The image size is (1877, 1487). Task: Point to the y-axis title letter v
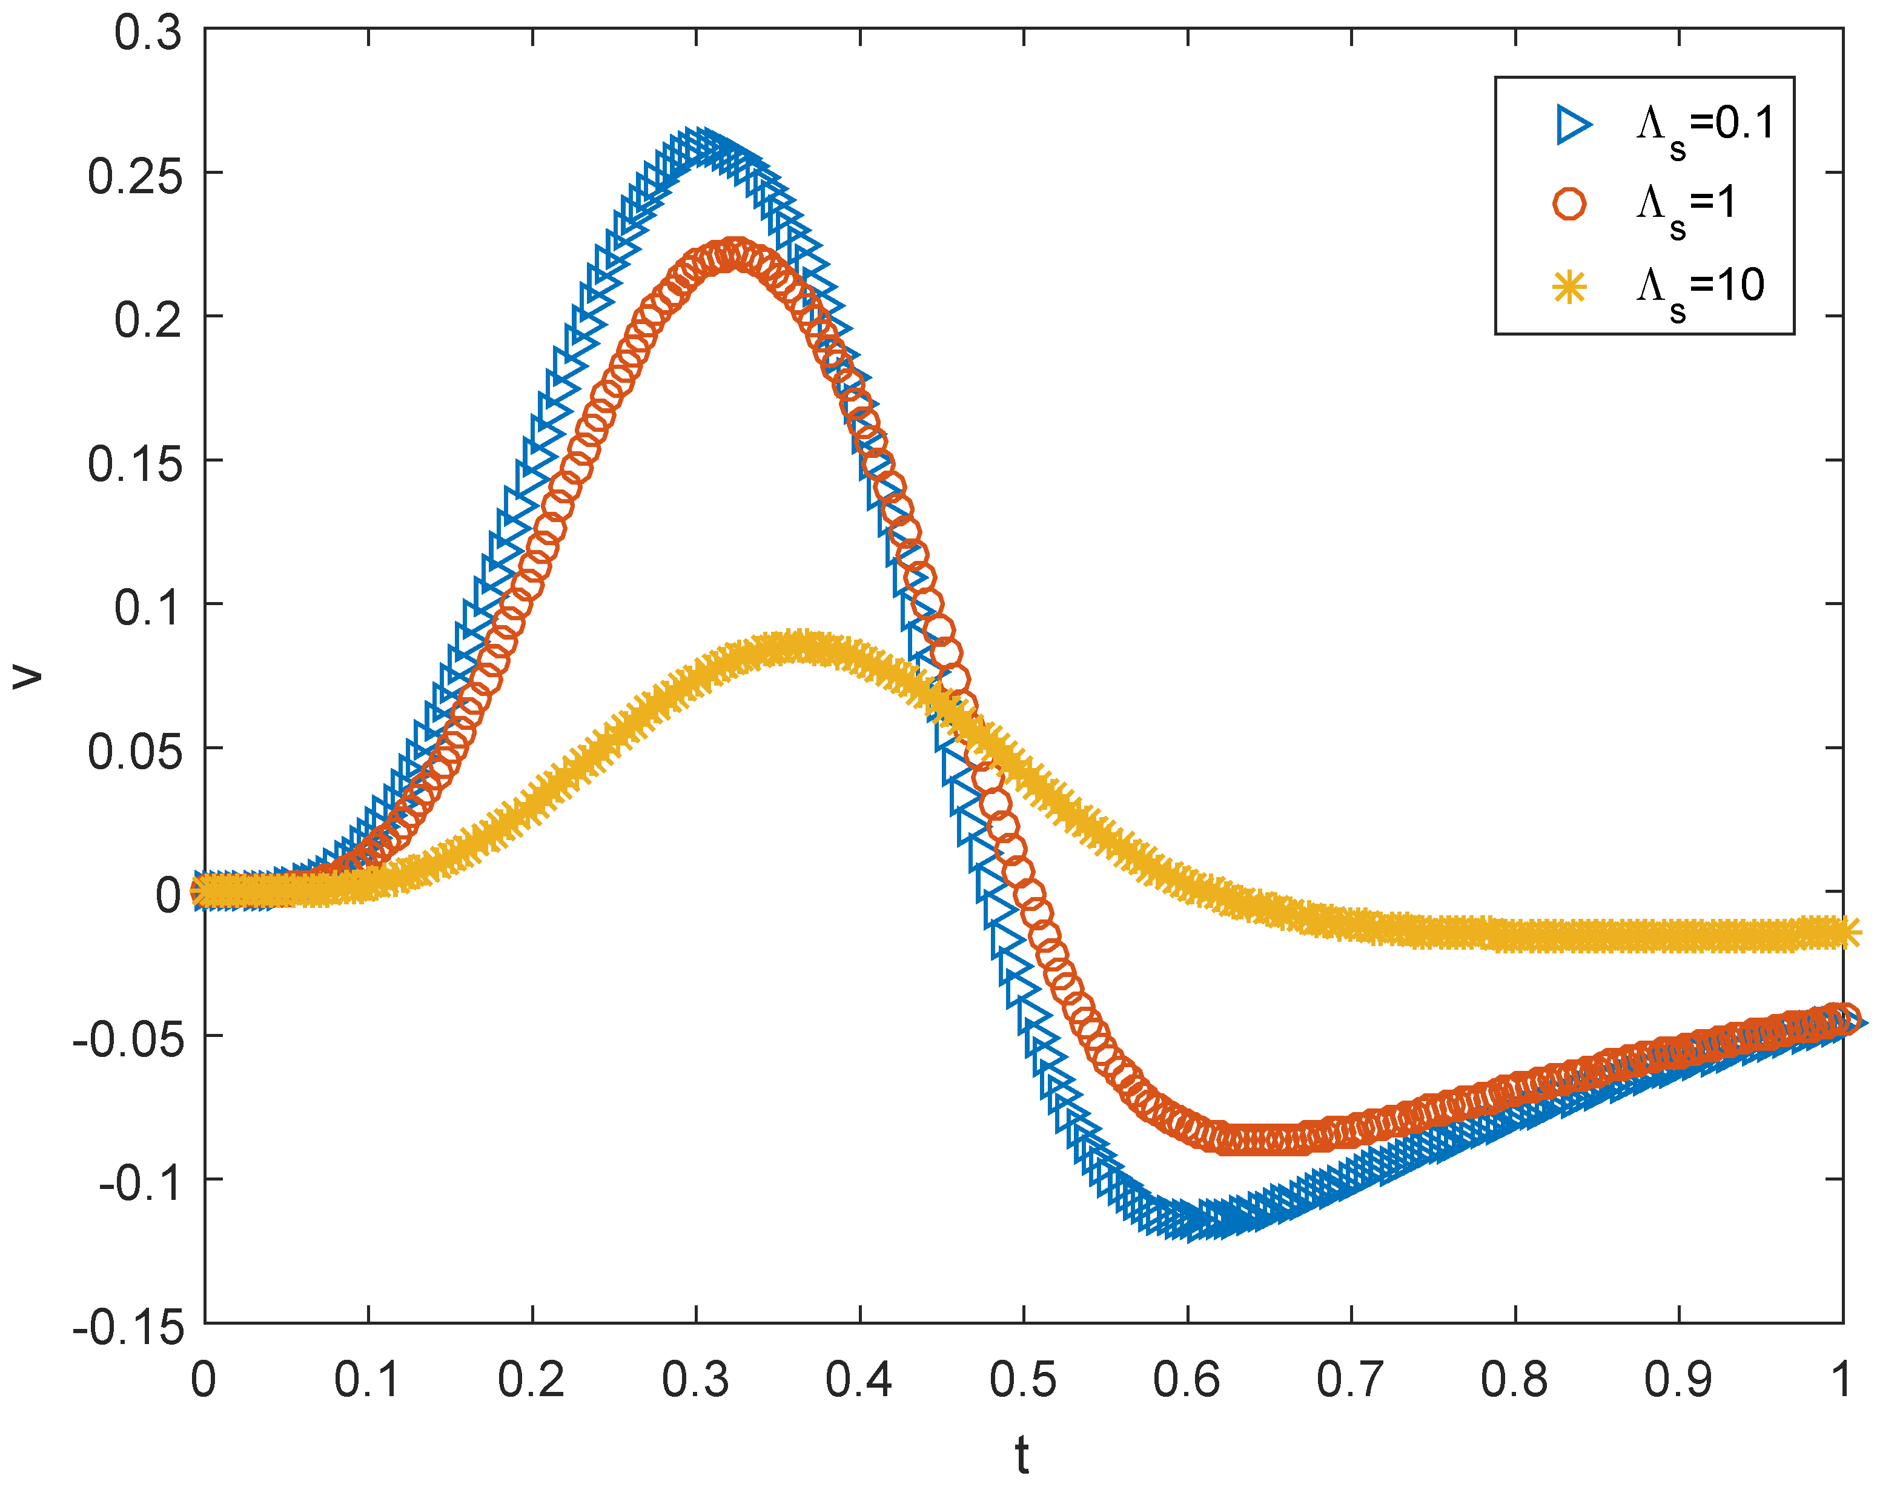(x=28, y=675)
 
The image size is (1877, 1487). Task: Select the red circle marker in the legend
(x=1570, y=205)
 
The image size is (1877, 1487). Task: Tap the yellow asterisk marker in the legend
(x=1570, y=287)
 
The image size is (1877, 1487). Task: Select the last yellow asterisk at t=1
(x=1844, y=932)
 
